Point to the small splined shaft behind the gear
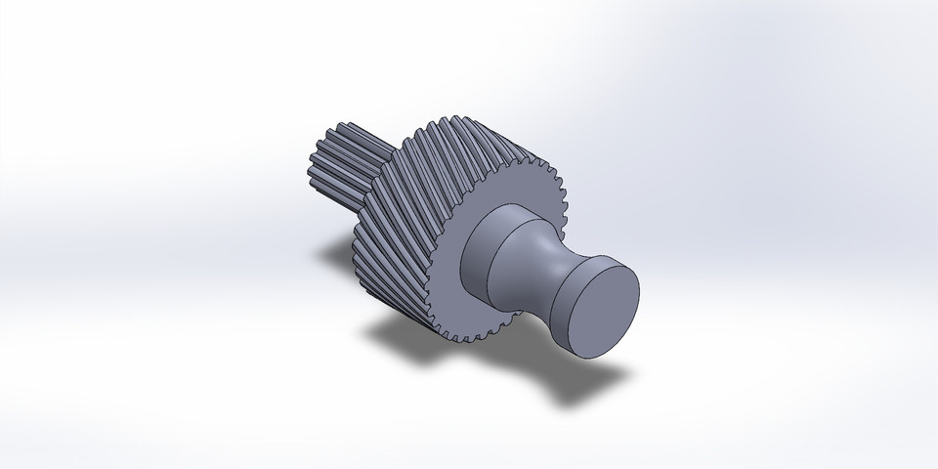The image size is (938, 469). [337, 161]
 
